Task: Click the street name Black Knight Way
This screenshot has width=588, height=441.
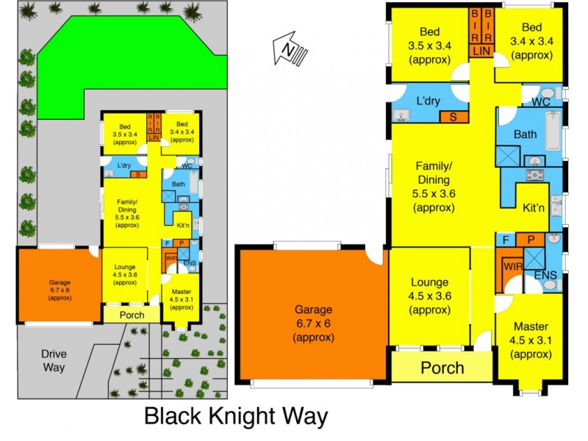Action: click(x=235, y=417)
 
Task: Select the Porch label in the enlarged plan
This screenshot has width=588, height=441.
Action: click(x=442, y=367)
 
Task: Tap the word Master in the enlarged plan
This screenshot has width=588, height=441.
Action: click(x=530, y=327)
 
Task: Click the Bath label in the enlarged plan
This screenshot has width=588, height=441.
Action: click(x=525, y=135)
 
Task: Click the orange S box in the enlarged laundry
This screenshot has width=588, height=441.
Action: click(x=453, y=116)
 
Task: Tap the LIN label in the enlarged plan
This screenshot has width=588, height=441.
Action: click(x=481, y=51)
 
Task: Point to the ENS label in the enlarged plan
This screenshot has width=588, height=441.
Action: click(x=546, y=275)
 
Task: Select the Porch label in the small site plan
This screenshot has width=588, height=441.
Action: click(x=132, y=315)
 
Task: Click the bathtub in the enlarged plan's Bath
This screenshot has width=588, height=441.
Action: click(x=553, y=129)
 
